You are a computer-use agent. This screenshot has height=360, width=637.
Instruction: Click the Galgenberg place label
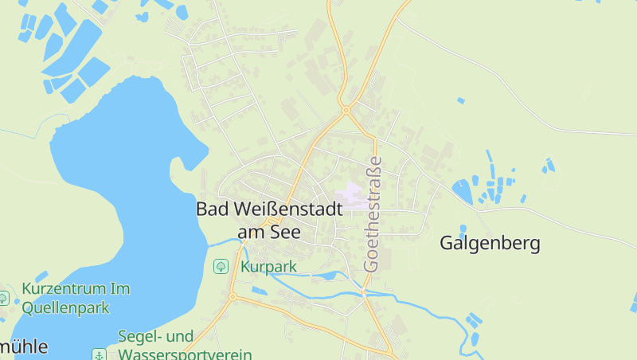point(490,244)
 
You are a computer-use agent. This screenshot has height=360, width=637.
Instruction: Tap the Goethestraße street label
point(373,214)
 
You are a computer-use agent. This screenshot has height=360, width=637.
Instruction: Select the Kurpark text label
point(268,267)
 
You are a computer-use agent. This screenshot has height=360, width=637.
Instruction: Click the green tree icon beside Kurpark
point(221,266)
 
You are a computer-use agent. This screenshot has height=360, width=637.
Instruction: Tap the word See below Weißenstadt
point(285,233)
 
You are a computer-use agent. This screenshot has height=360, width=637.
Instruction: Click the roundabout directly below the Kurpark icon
point(233,297)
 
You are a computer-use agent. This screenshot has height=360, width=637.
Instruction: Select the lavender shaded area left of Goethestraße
point(351,196)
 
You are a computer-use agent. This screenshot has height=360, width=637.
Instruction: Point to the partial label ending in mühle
point(24,347)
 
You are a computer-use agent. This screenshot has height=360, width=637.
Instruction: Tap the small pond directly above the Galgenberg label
point(462,190)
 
